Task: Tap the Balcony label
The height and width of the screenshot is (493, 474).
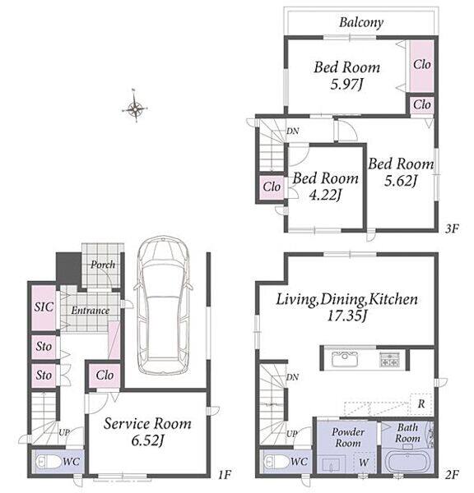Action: [361, 22]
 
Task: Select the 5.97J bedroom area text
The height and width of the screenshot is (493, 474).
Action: [346, 85]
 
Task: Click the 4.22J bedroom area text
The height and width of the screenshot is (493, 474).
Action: [325, 195]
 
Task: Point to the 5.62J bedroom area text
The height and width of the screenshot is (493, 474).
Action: [401, 181]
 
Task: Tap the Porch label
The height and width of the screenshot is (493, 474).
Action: [103, 265]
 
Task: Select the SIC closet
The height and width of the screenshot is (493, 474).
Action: [44, 307]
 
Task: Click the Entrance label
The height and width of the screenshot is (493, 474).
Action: [90, 311]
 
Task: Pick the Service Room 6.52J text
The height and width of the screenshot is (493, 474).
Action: [147, 432]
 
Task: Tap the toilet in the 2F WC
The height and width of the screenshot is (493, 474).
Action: [276, 462]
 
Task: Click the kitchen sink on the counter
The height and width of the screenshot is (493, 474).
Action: [345, 359]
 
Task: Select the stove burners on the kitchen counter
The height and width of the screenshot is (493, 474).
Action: [390, 359]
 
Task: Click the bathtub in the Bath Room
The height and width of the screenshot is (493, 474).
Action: [408, 462]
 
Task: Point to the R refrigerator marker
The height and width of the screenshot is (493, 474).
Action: [421, 404]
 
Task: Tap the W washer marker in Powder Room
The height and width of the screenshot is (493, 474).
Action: [364, 462]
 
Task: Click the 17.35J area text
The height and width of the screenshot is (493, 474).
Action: [346, 316]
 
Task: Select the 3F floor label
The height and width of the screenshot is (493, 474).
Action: [452, 228]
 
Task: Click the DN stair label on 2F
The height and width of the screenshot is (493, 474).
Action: [293, 376]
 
